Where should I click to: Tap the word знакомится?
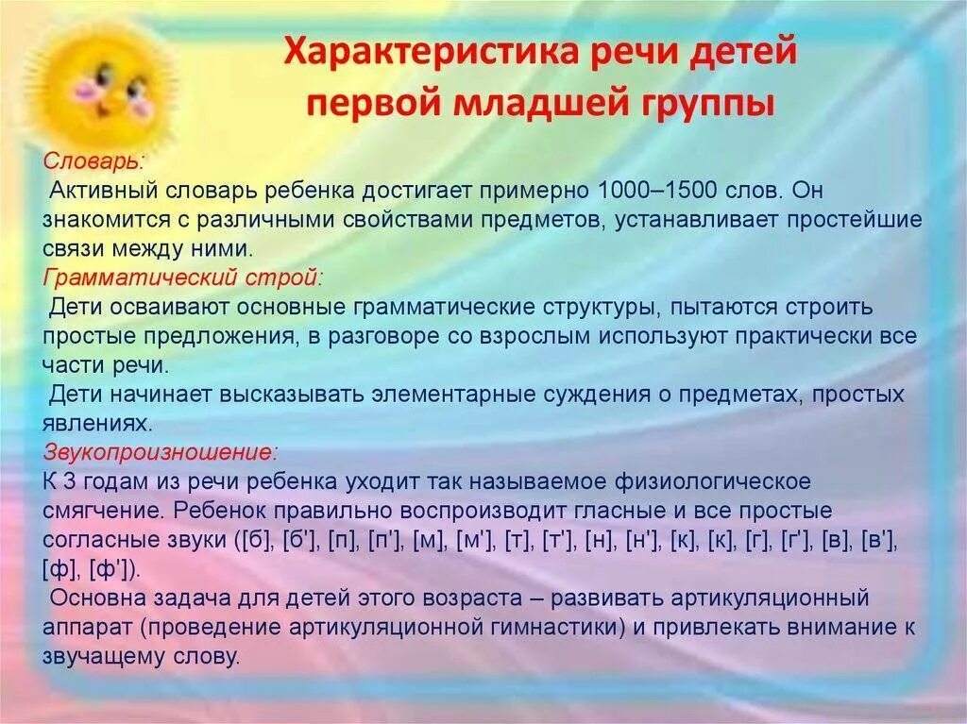95,220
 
